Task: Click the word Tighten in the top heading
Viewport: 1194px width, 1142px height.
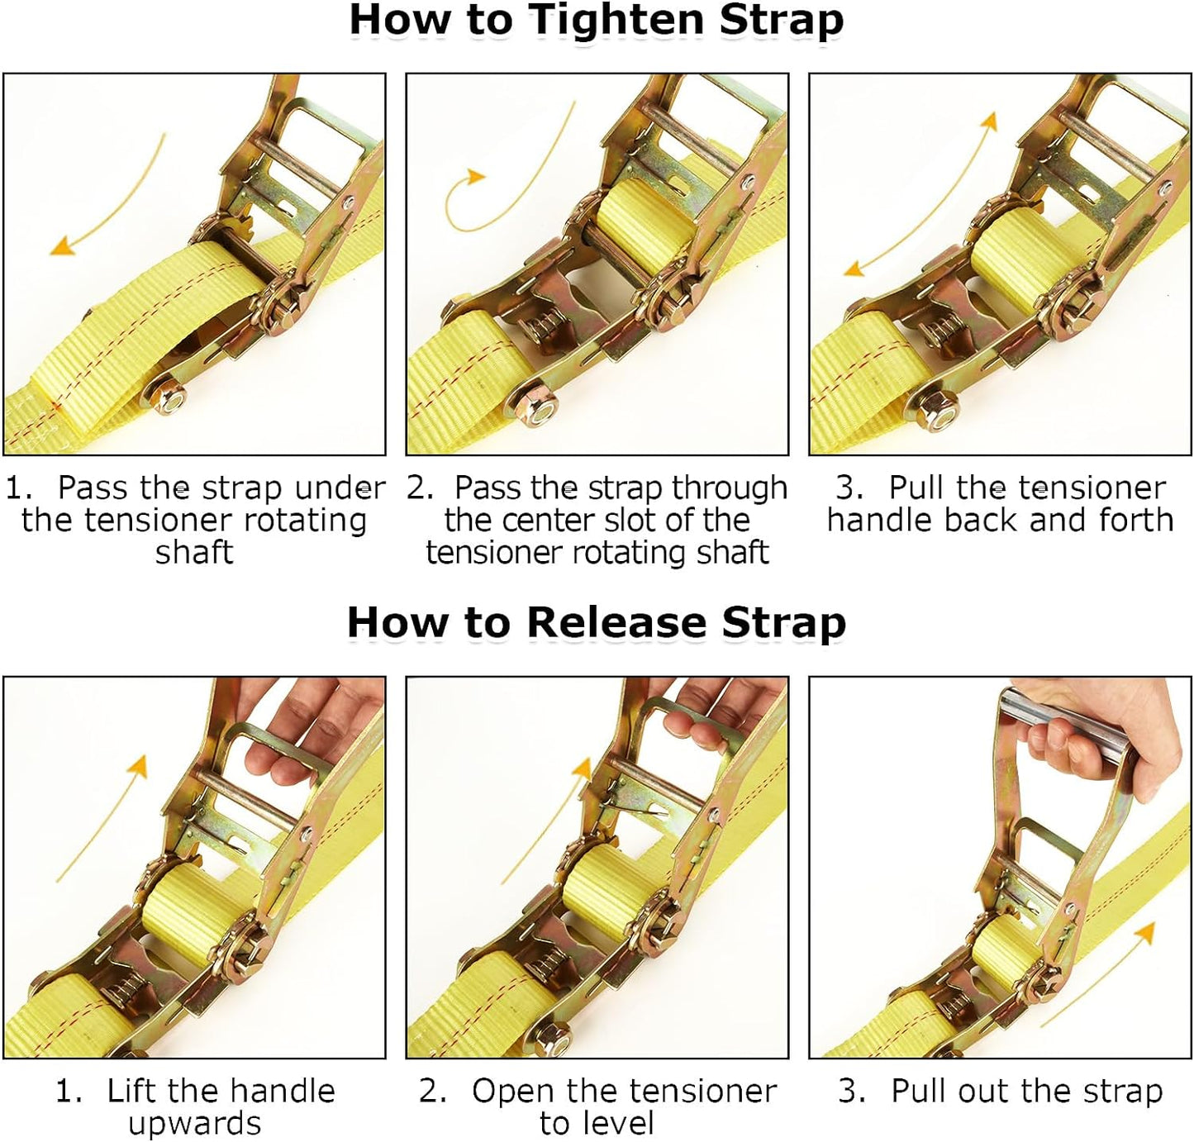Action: (618, 20)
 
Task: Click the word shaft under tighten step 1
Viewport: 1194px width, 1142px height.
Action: (194, 552)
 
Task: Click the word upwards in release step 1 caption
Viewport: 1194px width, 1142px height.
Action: (194, 1124)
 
